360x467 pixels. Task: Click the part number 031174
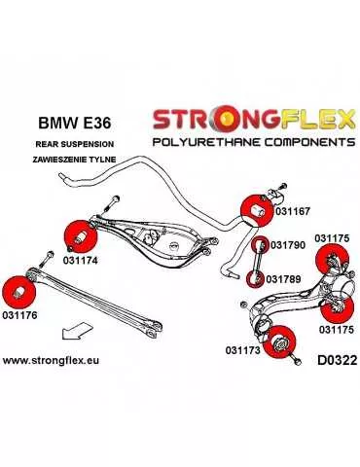81,260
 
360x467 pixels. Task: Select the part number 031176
20,316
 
